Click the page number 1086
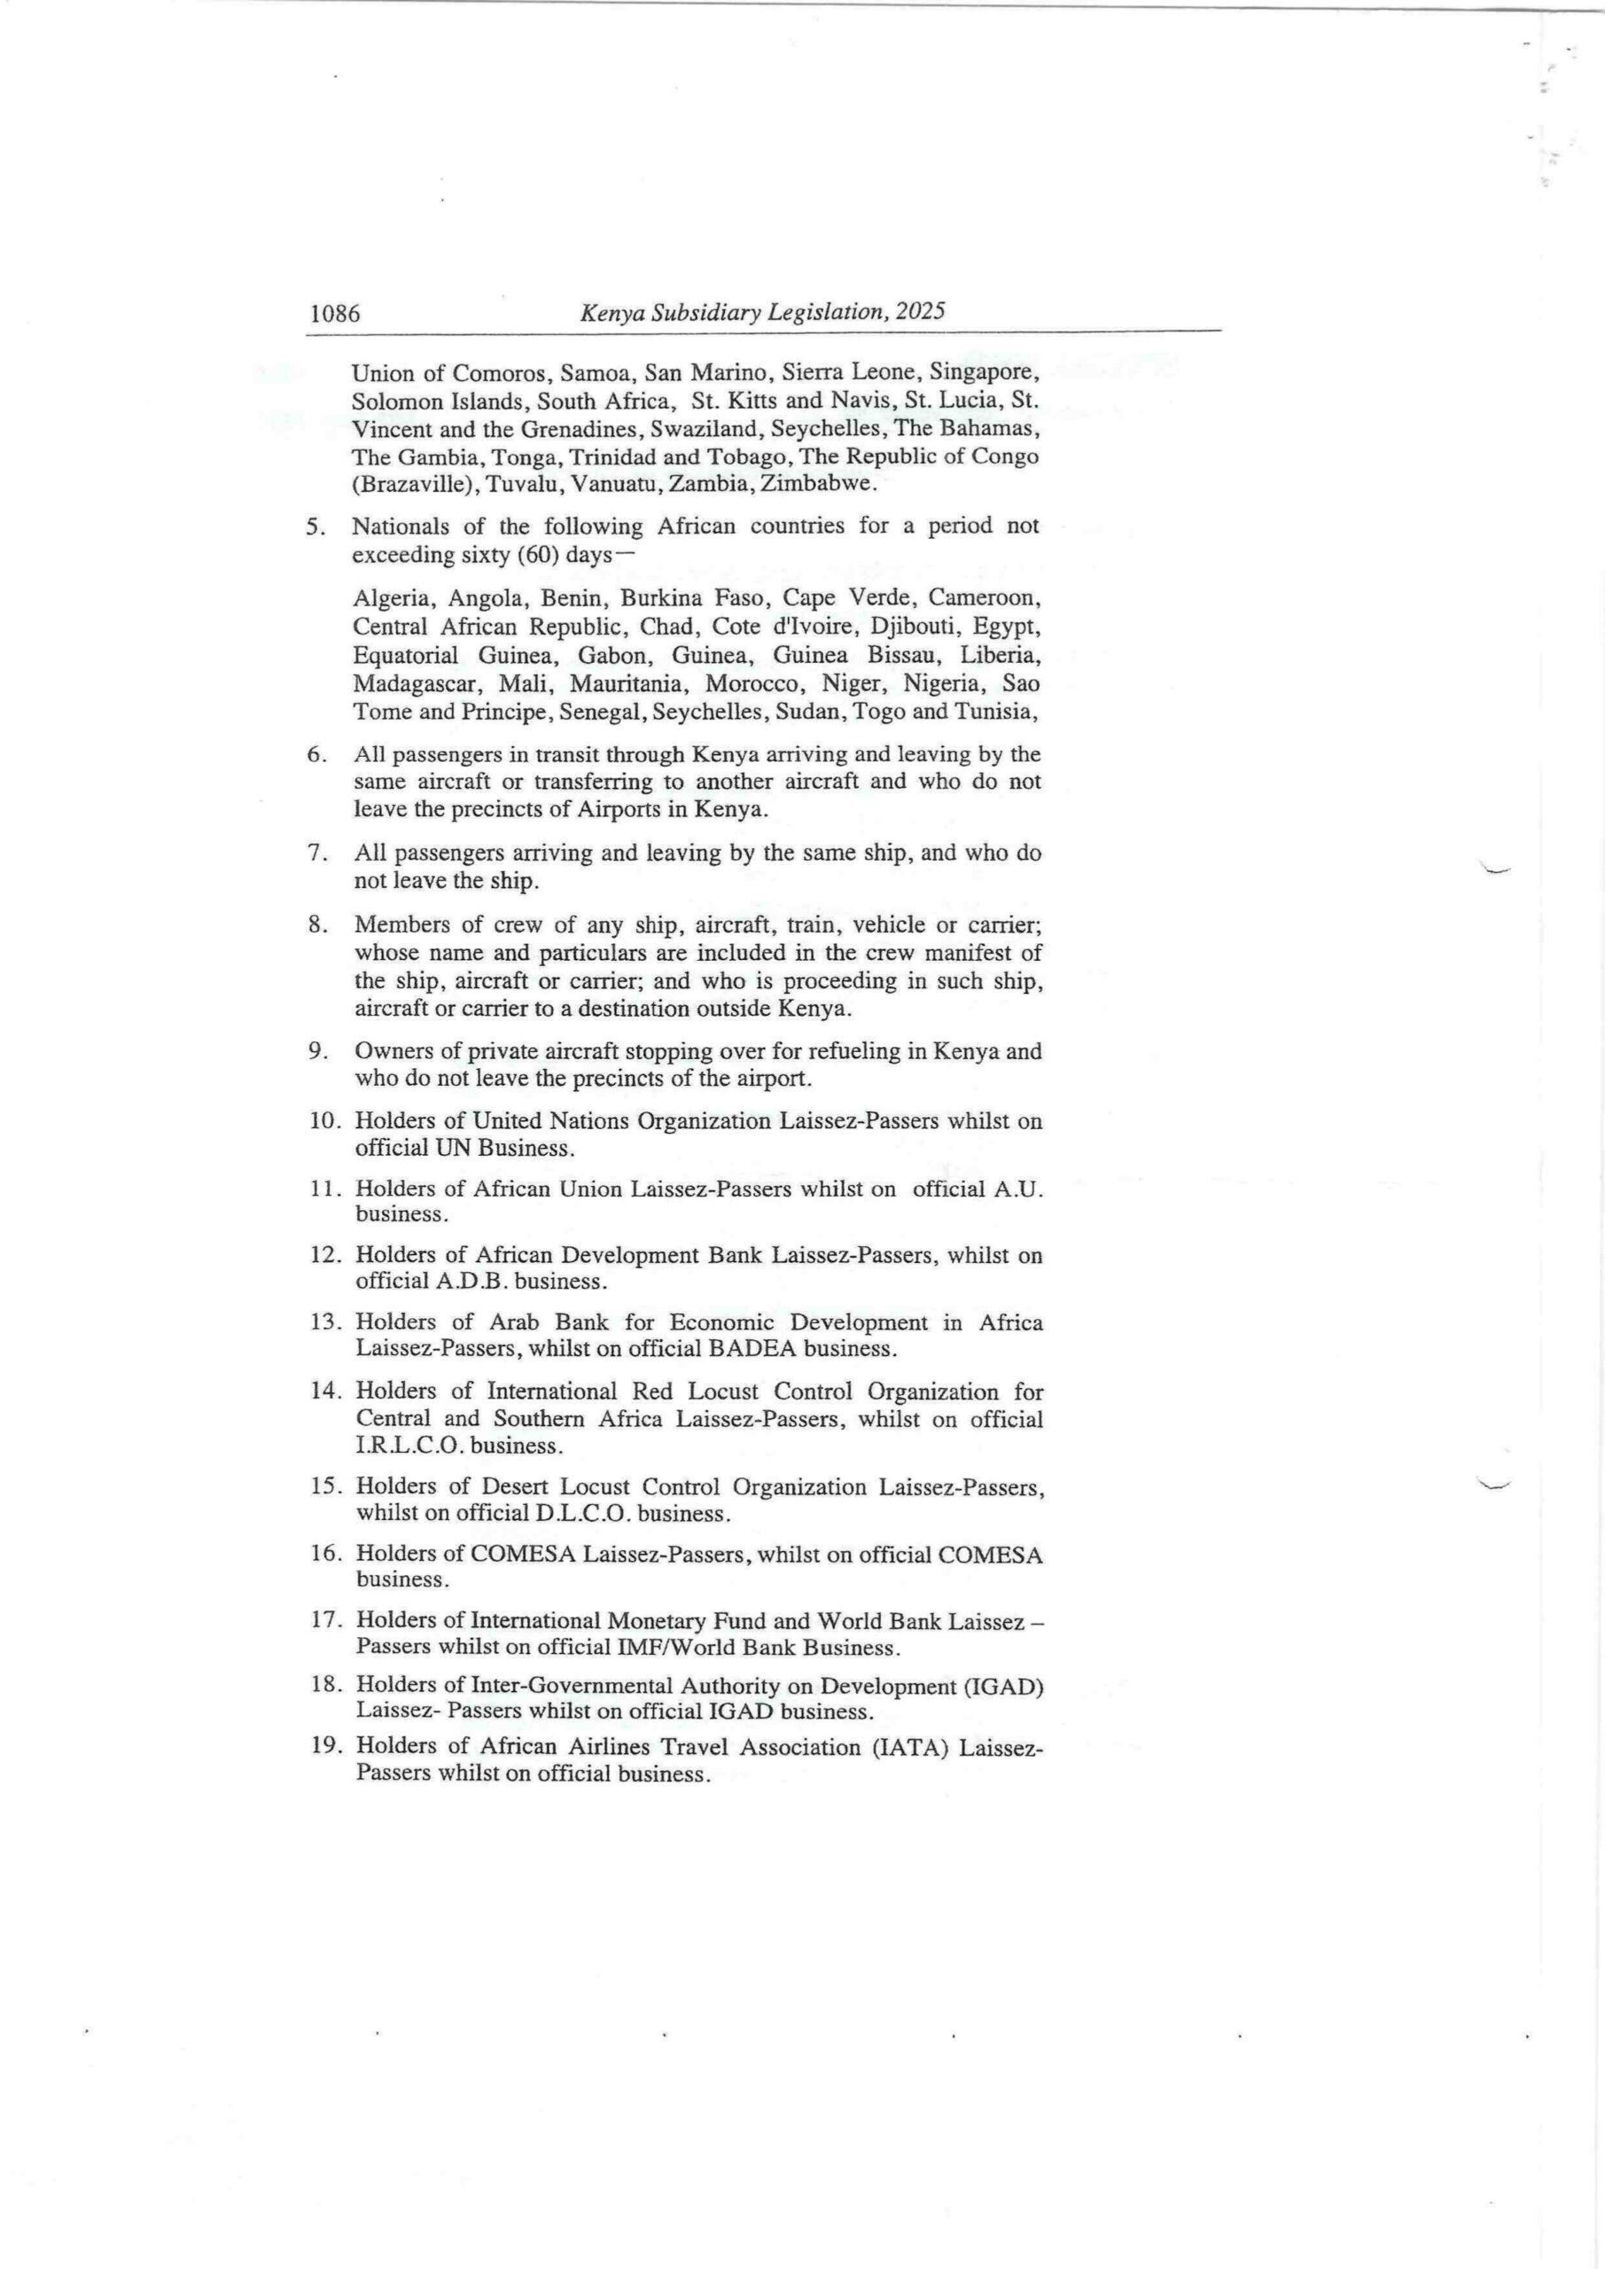click(335, 315)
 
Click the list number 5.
click(316, 526)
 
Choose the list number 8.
click(316, 925)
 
